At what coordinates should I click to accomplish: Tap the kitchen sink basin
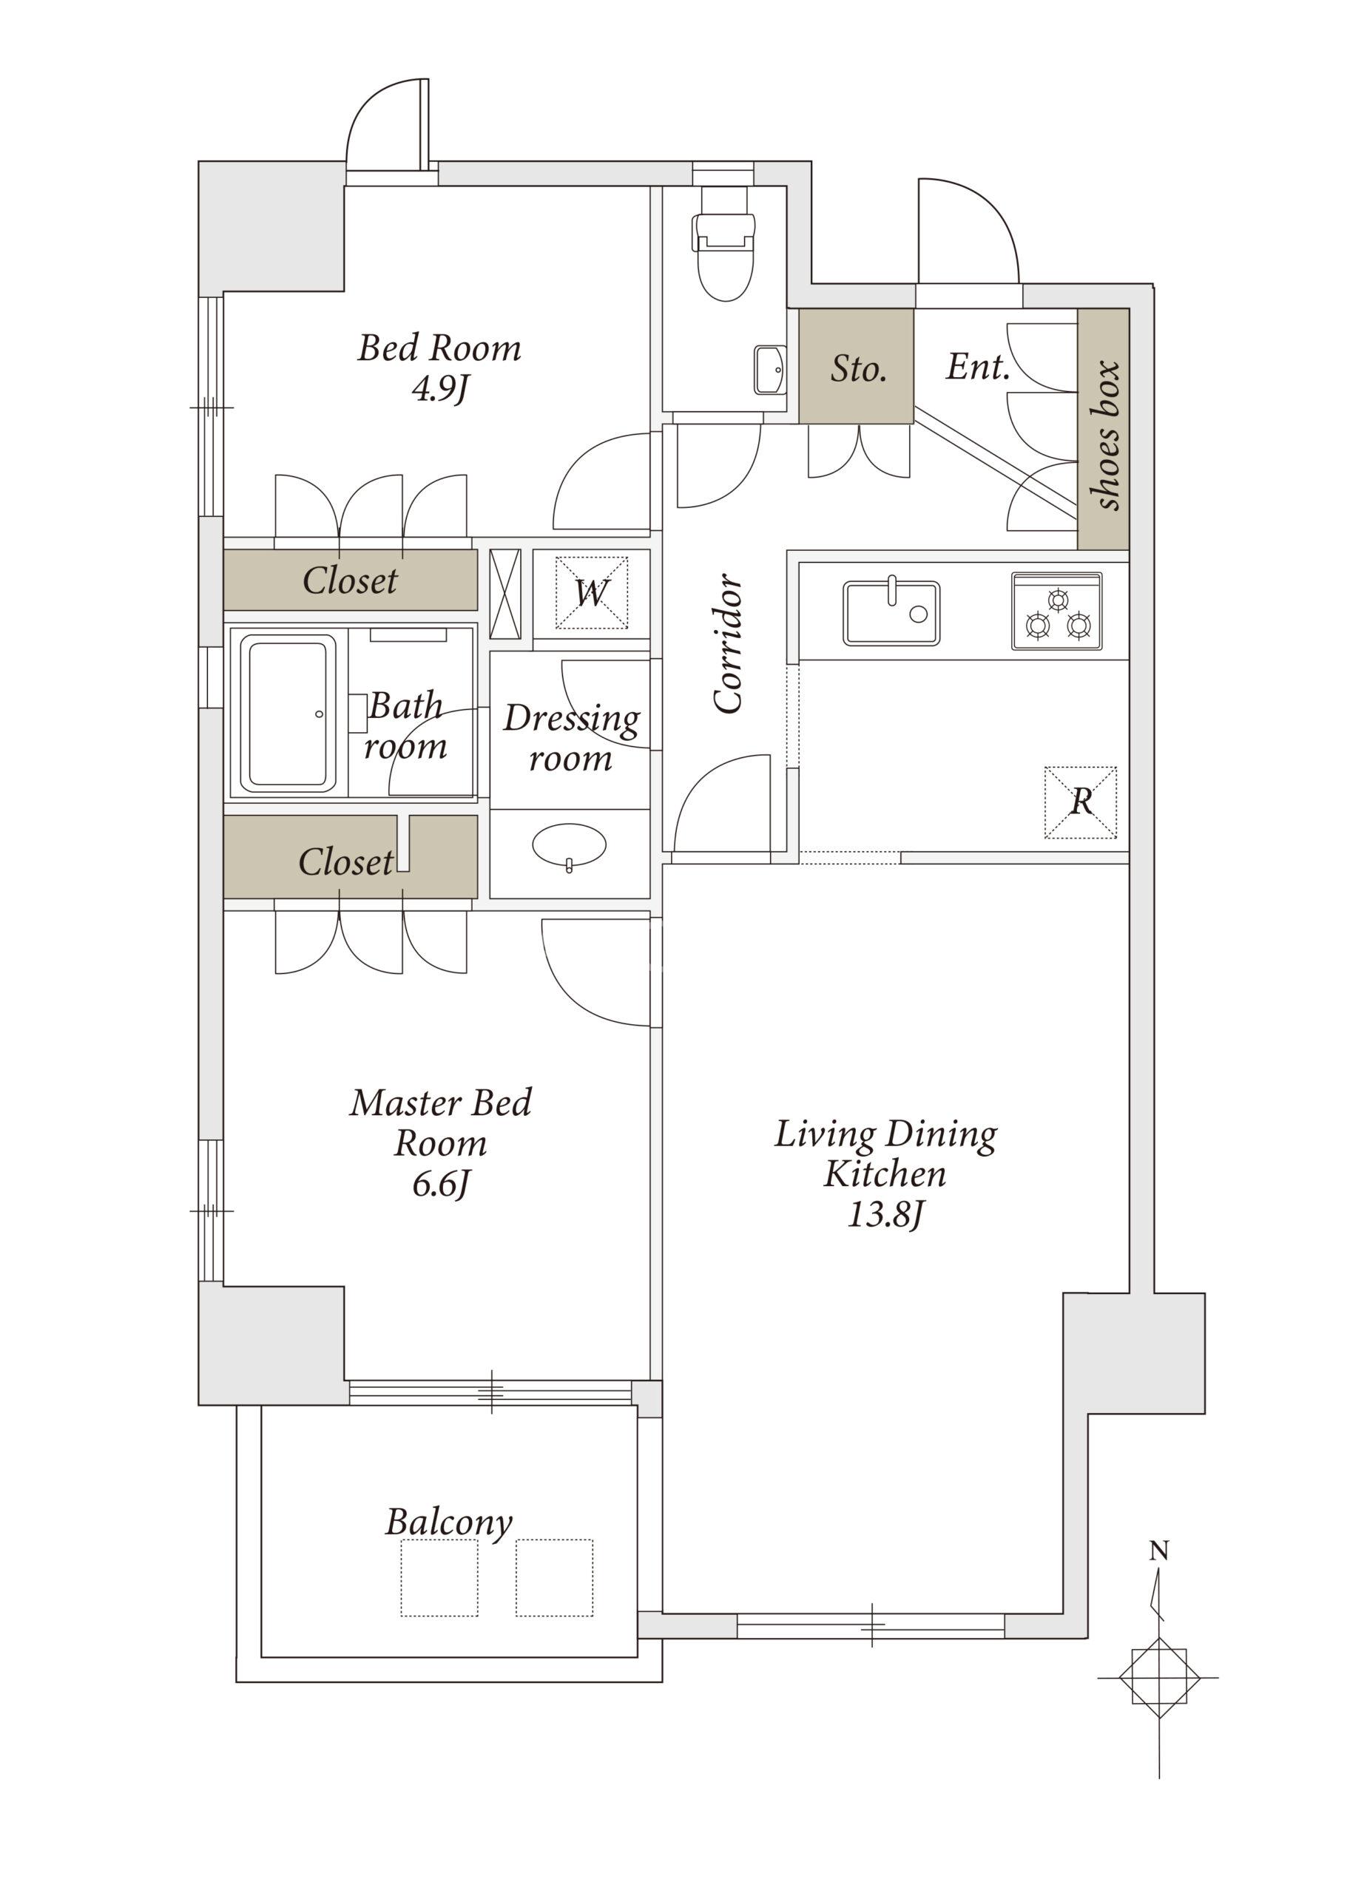(x=891, y=612)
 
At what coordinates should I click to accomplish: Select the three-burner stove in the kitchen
(x=1056, y=611)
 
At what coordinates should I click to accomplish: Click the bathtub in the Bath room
(x=288, y=714)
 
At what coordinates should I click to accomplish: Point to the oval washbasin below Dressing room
(x=569, y=846)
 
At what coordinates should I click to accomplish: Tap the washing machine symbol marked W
(x=591, y=592)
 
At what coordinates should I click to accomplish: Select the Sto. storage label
(x=858, y=368)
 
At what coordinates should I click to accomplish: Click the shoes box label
(x=1106, y=435)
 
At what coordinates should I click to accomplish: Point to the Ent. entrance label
(x=978, y=367)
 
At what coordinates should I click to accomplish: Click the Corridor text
(x=728, y=643)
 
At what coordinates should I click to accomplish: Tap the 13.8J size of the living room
(x=885, y=1215)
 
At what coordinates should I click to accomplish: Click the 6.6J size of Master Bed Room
(x=441, y=1184)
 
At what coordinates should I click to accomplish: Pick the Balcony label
(x=448, y=1523)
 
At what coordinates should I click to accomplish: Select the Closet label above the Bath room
(x=350, y=580)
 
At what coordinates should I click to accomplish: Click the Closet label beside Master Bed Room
(x=345, y=861)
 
